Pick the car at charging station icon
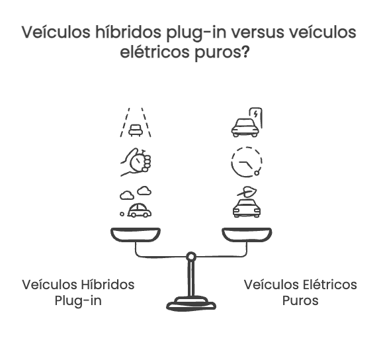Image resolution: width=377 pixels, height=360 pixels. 246,122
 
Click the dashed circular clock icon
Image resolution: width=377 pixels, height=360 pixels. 247,161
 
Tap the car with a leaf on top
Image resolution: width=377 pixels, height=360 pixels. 246,202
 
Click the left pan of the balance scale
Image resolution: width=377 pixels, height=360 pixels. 135,235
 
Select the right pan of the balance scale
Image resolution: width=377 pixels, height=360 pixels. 246,235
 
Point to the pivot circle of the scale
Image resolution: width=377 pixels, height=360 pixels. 190,256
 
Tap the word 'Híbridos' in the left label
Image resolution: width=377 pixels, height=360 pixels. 108,285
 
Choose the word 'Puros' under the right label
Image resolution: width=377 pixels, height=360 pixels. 300,300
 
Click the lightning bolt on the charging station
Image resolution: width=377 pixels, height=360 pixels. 257,114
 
